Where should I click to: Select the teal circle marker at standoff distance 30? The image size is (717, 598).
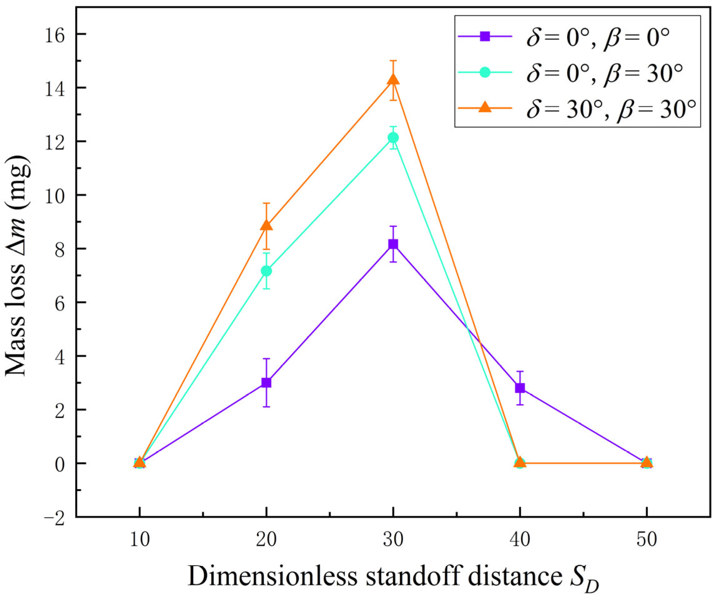[x=393, y=138]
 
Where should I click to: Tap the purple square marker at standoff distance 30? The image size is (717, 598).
[x=393, y=244]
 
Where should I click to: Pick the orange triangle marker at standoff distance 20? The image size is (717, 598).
[x=266, y=226]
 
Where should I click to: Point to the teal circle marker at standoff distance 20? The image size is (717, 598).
[x=266, y=271]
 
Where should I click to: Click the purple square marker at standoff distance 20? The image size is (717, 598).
[x=266, y=382]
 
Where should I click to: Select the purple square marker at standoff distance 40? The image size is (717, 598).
[x=520, y=388]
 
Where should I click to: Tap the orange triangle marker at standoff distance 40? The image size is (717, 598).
[x=520, y=463]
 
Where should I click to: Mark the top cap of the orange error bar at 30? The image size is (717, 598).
[x=393, y=61]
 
